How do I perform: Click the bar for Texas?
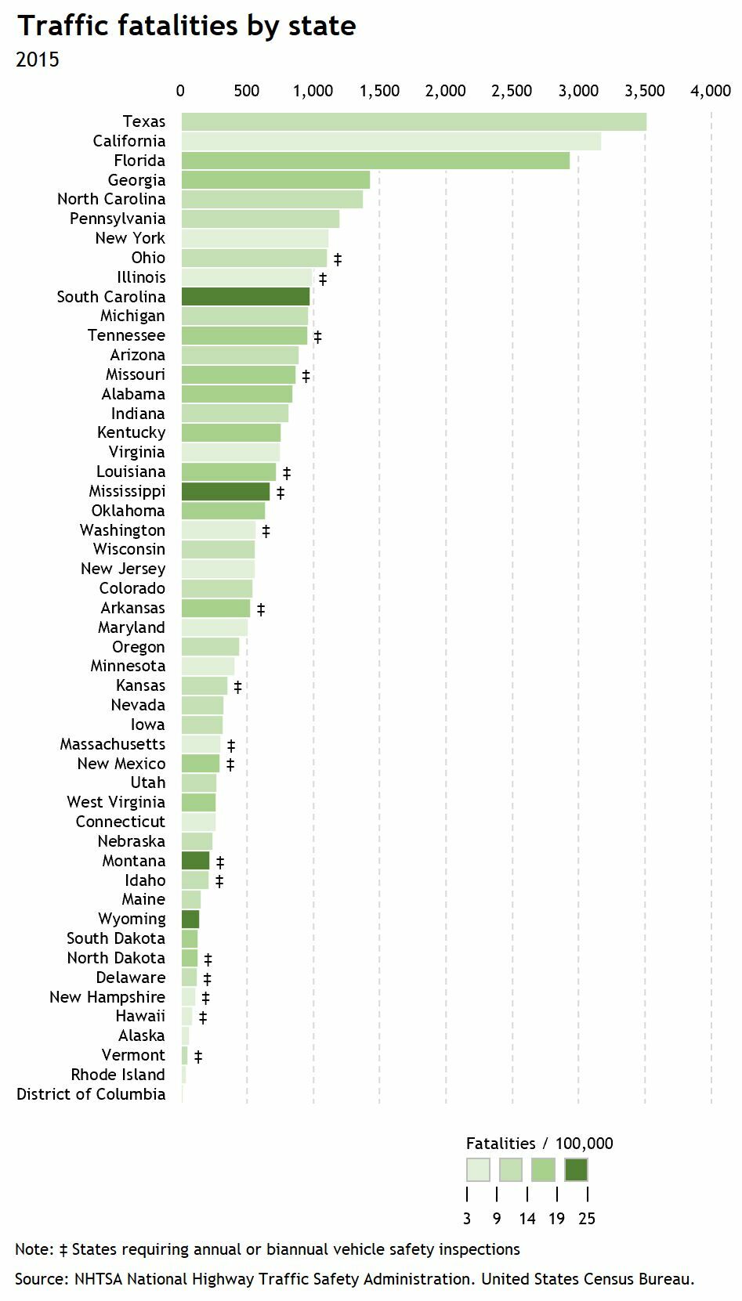tap(414, 122)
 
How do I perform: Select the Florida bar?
tap(375, 161)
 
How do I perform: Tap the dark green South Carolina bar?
tap(246, 297)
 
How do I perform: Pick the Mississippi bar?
tap(226, 492)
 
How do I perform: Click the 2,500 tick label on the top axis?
tap(512, 92)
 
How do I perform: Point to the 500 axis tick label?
tap(247, 92)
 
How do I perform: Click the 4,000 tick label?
tap(711, 92)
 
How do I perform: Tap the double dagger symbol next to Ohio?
tap(338, 259)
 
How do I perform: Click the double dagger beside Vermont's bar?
tap(198, 1057)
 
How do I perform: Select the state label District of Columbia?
tap(91, 1094)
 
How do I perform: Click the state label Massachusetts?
tap(113, 744)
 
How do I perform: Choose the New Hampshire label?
tap(107, 997)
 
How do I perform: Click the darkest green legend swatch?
tap(576, 1170)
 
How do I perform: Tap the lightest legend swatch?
tap(478, 1170)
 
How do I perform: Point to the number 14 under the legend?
tap(527, 1219)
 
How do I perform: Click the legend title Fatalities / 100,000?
tap(539, 1144)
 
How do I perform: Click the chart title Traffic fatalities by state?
tap(186, 26)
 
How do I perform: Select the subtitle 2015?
tap(37, 60)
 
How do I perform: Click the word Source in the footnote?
tap(40, 1280)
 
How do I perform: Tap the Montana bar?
tap(196, 861)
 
